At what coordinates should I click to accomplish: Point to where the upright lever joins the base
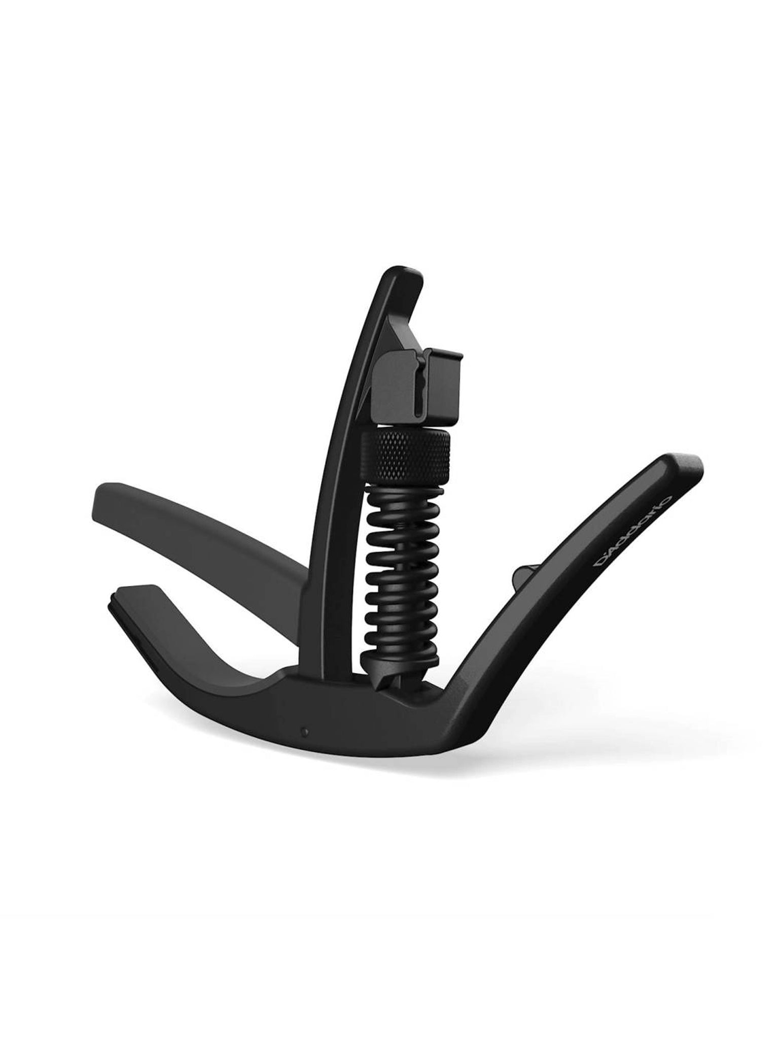point(325,670)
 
